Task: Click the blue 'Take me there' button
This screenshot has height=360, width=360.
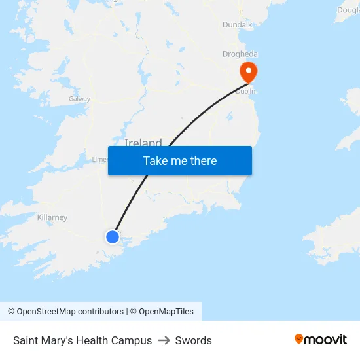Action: pyautogui.click(x=179, y=161)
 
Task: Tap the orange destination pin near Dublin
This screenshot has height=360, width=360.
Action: pyautogui.click(x=249, y=72)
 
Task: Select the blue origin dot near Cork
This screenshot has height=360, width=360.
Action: pyautogui.click(x=113, y=237)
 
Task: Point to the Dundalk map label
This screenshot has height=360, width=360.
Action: pyautogui.click(x=237, y=25)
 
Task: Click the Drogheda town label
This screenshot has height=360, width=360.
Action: pyautogui.click(x=240, y=54)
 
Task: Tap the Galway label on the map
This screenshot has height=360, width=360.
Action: pyautogui.click(x=79, y=99)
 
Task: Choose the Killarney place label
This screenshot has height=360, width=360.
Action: pyautogui.click(x=52, y=217)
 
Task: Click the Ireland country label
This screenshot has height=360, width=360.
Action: pyautogui.click(x=143, y=142)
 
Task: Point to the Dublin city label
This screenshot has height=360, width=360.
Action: pyautogui.click(x=245, y=91)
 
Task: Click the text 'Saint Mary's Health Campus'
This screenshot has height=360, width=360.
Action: pyautogui.click(x=82, y=340)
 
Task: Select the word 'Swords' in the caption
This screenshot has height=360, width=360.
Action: pyautogui.click(x=194, y=340)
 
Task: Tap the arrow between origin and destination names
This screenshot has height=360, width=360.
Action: pyautogui.click(x=164, y=340)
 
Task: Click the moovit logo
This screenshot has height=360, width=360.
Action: pyautogui.click(x=320, y=339)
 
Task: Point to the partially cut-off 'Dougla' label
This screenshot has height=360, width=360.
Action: pyautogui.click(x=348, y=10)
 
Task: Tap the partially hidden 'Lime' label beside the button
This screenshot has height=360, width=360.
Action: pyautogui.click(x=99, y=159)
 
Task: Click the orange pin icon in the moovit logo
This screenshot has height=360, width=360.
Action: pyautogui.click(x=298, y=339)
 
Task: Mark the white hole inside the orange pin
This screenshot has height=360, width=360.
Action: pyautogui.click(x=249, y=69)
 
